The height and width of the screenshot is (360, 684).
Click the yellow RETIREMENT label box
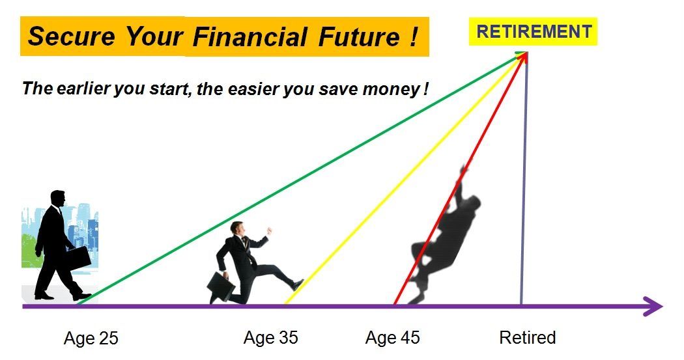[533, 31]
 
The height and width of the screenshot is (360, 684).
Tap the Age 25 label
[91, 339]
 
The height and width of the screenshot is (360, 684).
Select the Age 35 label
[270, 338]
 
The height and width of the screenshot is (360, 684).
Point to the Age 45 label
[392, 338]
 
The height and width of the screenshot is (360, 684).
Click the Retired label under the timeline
[527, 338]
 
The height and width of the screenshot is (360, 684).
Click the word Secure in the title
[72, 36]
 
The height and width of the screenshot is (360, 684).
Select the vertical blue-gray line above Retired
[523, 195]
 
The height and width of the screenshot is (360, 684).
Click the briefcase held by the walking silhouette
[78, 257]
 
